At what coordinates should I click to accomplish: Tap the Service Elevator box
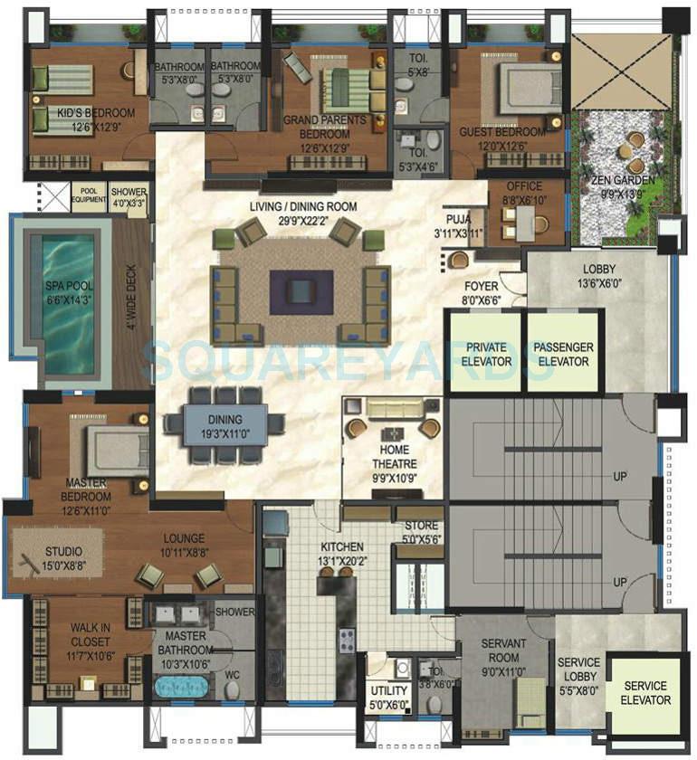pyautogui.click(x=645, y=693)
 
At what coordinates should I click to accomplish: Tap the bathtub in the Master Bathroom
pyautogui.click(x=186, y=684)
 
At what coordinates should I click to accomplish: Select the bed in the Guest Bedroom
pyautogui.click(x=530, y=90)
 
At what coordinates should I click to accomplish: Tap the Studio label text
pyautogui.click(x=63, y=552)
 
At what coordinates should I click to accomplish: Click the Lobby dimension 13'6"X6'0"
pyautogui.click(x=599, y=286)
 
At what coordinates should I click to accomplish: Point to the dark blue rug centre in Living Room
pyautogui.click(x=301, y=290)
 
